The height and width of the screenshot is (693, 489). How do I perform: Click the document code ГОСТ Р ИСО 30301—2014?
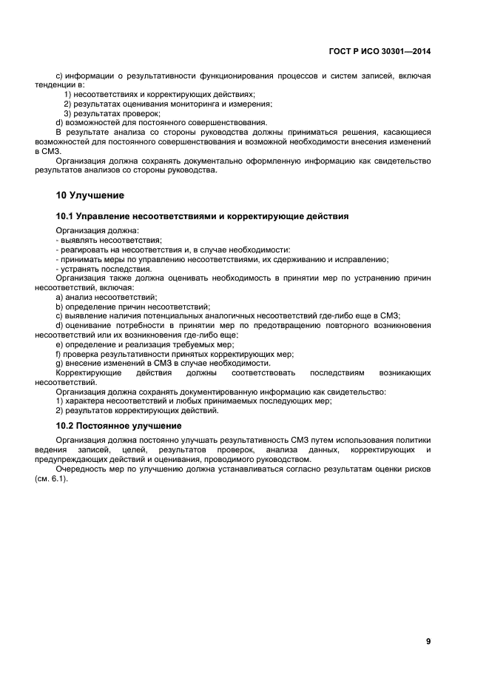[380, 52]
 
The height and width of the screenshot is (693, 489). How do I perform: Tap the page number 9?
[428, 641]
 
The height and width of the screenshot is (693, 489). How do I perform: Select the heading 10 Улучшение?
[90, 196]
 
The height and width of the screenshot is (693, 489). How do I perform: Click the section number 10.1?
[66, 216]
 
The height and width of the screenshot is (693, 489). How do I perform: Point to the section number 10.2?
[66, 426]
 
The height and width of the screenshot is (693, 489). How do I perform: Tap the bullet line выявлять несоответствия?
[109, 240]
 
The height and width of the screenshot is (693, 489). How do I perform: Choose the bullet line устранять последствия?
[104, 269]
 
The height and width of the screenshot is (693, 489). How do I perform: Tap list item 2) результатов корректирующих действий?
[137, 410]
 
